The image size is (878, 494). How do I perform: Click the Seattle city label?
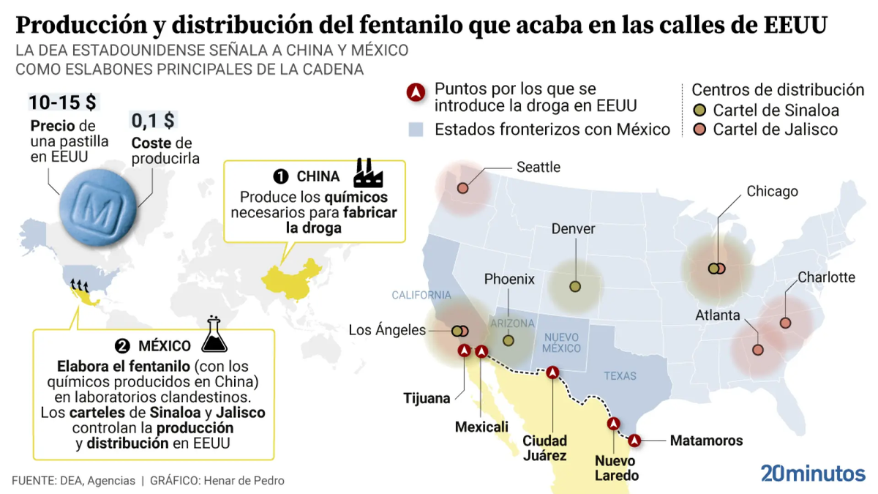538,167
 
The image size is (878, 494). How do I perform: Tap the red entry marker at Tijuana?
463,351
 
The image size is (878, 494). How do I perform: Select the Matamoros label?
706,441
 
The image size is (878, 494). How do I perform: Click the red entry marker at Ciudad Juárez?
553,372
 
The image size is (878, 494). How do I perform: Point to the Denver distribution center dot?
575,286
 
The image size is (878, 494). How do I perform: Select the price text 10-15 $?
62,102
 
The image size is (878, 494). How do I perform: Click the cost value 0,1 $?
154,120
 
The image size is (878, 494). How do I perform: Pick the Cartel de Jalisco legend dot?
700,130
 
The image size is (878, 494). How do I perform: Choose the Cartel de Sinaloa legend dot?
700,111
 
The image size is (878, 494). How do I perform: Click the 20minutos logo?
812,474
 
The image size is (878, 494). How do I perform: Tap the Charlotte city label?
826,277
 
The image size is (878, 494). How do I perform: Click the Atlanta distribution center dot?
758,350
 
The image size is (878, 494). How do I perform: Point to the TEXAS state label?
620,376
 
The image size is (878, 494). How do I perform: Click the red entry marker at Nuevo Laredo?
614,423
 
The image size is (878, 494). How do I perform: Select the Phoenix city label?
509,280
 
